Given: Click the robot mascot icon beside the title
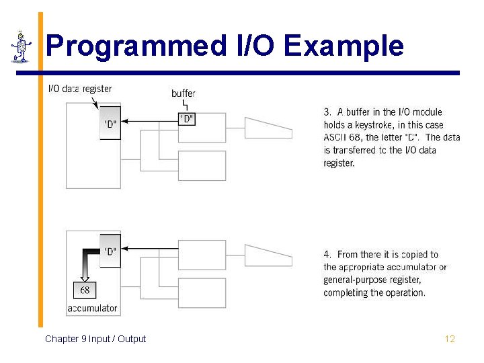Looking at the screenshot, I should (22, 46).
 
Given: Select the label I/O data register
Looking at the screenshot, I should (80, 89).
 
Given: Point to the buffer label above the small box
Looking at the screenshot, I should (184, 93).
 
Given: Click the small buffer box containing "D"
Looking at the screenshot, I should (186, 119).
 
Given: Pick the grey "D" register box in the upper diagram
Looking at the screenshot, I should (110, 123).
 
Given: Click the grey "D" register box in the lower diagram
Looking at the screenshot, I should (110, 251).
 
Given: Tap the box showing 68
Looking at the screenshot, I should (85, 290).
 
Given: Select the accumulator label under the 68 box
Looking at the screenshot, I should (92, 309).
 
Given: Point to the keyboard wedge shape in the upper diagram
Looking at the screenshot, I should (268, 126).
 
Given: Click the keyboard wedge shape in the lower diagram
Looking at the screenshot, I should (268, 254).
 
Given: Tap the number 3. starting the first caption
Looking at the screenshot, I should (328, 112).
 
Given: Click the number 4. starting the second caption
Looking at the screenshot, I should (327, 255).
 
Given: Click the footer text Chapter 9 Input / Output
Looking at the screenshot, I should (95, 339).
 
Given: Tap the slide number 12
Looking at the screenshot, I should (450, 339).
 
